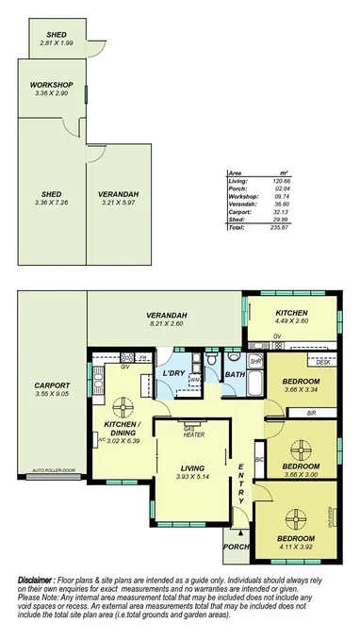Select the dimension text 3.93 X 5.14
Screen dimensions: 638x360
pyautogui.click(x=193, y=477)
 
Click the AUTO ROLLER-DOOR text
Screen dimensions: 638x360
pyautogui.click(x=54, y=469)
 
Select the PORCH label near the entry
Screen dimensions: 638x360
pyautogui.click(x=235, y=546)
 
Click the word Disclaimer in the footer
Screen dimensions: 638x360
pyautogui.click(x=38, y=580)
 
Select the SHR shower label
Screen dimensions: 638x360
pyautogui.click(x=254, y=360)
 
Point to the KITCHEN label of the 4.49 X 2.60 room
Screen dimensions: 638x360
pyautogui.click(x=291, y=313)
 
